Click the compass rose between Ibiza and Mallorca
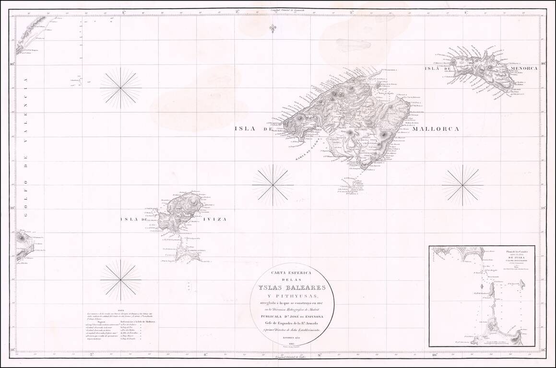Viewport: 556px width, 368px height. pyautogui.click(x=272, y=185)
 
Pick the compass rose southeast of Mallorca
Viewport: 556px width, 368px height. pyautogui.click(x=462, y=185)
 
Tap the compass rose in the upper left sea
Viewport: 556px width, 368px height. pyautogui.click(x=121, y=88)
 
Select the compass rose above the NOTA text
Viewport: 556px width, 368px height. pyautogui.click(x=121, y=280)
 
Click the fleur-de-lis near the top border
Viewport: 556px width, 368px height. pyautogui.click(x=272, y=28)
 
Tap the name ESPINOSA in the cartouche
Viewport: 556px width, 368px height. pyautogui.click(x=314, y=316)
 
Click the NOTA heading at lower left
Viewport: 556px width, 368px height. pyautogui.click(x=121, y=310)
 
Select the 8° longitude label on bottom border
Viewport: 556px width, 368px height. pyautogui.click(x=205, y=355)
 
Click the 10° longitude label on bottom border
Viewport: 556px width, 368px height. pyautogui.click(x=434, y=355)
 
